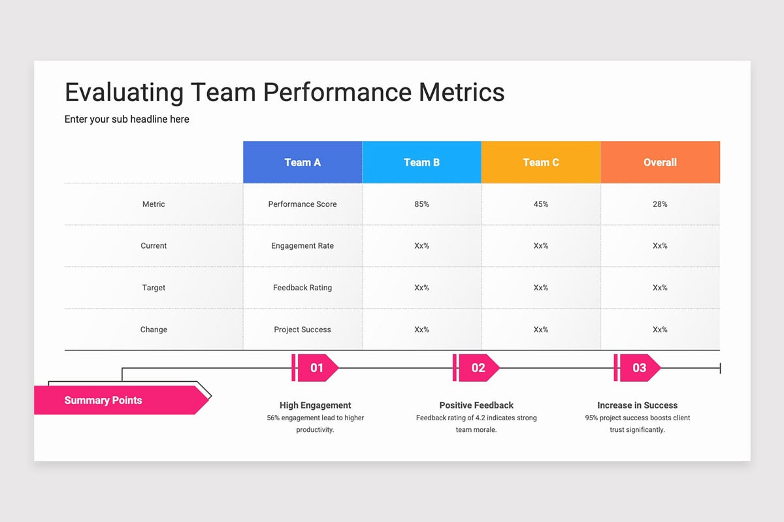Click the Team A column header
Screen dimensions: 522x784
click(x=302, y=162)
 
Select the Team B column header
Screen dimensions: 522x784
click(x=421, y=162)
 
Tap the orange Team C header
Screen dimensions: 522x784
click(x=541, y=162)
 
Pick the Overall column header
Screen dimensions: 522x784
click(x=660, y=162)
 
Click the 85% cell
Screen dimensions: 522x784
click(x=421, y=204)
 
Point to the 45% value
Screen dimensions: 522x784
click(x=541, y=204)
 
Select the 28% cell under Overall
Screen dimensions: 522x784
click(x=660, y=204)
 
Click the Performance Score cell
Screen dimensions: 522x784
click(x=302, y=204)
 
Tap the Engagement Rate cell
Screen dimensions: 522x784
click(x=302, y=246)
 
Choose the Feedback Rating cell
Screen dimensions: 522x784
click(x=302, y=288)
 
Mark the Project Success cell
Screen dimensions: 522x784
click(x=302, y=330)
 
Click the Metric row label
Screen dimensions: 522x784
click(x=154, y=204)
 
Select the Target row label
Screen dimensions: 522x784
click(x=154, y=288)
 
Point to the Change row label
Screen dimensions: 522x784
click(x=154, y=330)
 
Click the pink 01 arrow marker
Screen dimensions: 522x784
click(x=316, y=368)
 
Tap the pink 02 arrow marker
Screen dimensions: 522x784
click(x=478, y=368)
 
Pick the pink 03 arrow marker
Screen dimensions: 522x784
click(x=639, y=368)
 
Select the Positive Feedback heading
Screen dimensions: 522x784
click(x=476, y=405)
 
